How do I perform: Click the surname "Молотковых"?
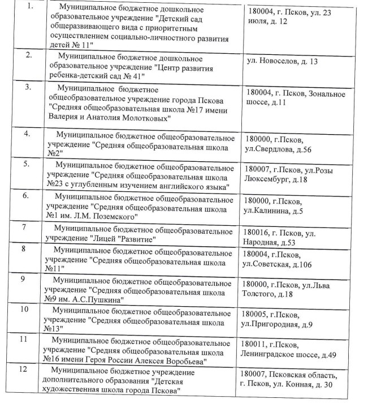[144, 117]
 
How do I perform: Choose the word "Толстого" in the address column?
[259, 294]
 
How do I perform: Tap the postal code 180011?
[255, 345]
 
